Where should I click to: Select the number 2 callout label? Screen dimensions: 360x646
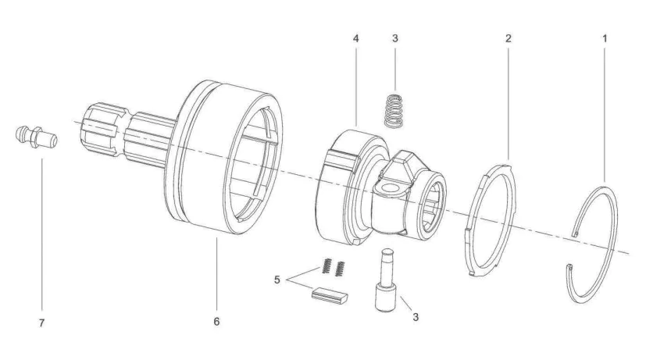pos(509,37)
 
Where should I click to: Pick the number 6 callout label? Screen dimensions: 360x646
pos(217,321)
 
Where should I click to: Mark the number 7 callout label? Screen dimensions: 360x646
pos(41,321)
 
